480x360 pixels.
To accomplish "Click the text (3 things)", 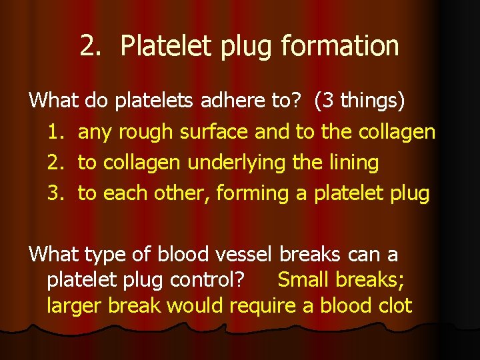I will [360, 101].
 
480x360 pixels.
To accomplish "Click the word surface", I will [216, 132].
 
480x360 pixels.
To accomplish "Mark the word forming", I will [259, 194].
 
